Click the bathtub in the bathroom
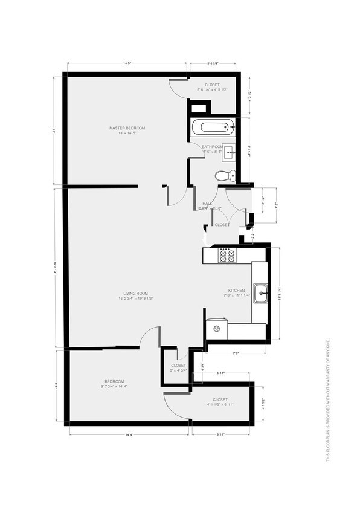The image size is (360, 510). click(212, 127)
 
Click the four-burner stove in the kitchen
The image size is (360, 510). click(227, 256)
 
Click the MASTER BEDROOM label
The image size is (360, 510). click(127, 128)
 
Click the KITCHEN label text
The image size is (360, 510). click(236, 291)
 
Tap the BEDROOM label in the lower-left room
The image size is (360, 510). click(114, 381)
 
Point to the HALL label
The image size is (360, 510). click(207, 204)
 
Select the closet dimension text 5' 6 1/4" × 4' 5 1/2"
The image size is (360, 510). click(212, 90)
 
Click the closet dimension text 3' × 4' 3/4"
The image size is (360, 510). click(178, 370)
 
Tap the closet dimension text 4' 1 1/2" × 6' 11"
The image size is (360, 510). click(220, 404)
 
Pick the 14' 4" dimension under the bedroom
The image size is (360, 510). click(129, 434)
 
